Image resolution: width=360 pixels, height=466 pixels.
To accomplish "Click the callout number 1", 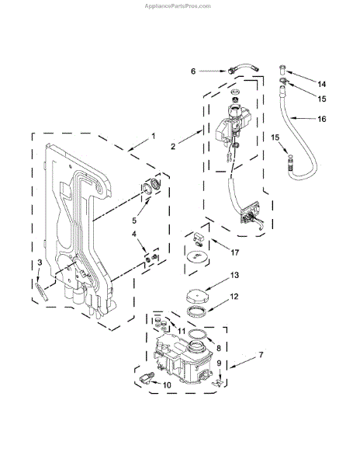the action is click(x=153, y=136).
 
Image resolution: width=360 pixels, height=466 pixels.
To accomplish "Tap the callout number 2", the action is click(x=173, y=146).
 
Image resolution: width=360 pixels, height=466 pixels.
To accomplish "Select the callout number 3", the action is click(x=40, y=263).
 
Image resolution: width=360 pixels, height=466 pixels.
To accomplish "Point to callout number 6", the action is click(x=193, y=71).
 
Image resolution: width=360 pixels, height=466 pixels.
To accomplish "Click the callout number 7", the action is click(x=261, y=355).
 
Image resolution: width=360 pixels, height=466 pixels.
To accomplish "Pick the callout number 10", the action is click(x=167, y=385).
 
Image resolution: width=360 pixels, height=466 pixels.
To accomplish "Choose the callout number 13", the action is click(x=234, y=275).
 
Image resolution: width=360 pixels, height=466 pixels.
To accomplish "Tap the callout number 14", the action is click(x=322, y=85).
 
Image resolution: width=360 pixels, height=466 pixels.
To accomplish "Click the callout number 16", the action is click(x=322, y=119).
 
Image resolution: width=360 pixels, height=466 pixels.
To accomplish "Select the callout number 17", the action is click(x=235, y=252).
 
